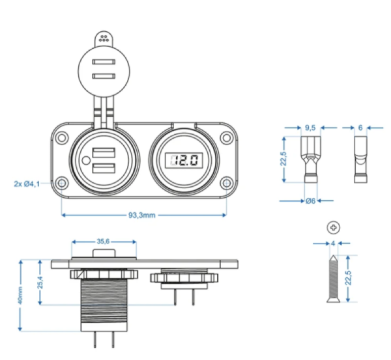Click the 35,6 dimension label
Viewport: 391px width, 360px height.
(x=104, y=241)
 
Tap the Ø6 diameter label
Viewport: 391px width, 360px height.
(x=310, y=201)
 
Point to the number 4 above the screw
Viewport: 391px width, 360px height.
(x=333, y=244)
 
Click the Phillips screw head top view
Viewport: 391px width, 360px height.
(x=334, y=228)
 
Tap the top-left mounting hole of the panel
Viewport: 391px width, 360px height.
(x=61, y=137)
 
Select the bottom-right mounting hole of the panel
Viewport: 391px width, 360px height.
(x=225, y=183)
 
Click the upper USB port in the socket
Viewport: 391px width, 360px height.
(x=102, y=154)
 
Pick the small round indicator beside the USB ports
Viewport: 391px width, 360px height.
(x=85, y=161)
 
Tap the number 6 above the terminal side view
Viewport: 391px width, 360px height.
(x=360, y=128)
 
